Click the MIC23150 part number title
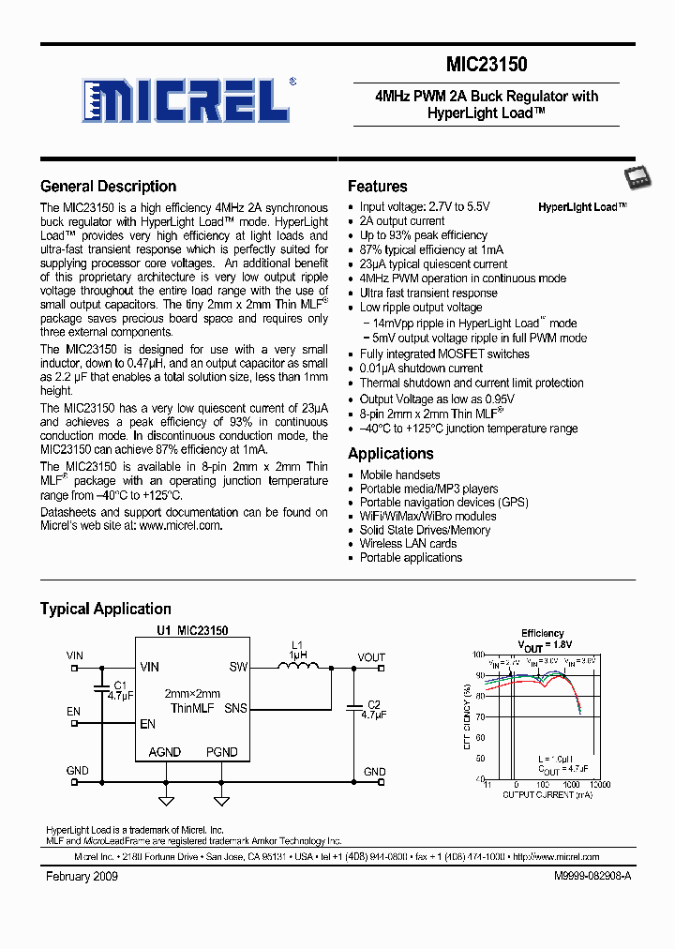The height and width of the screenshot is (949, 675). (486, 65)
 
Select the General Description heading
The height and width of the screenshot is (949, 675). (108, 186)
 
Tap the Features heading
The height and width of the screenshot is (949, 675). (377, 186)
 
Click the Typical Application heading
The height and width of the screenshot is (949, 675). (105, 609)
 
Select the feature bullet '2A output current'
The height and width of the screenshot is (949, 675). (401, 221)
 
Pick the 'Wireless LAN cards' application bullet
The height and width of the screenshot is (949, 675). (408, 543)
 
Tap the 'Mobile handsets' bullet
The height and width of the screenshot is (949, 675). (399, 474)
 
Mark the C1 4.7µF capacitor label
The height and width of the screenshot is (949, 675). (120, 691)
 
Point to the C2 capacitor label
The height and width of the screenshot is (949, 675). (373, 709)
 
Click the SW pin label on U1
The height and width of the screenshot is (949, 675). (238, 668)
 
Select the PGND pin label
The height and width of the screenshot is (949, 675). (221, 752)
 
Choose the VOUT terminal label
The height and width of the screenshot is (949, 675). (371, 657)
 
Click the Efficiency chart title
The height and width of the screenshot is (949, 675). (543, 633)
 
